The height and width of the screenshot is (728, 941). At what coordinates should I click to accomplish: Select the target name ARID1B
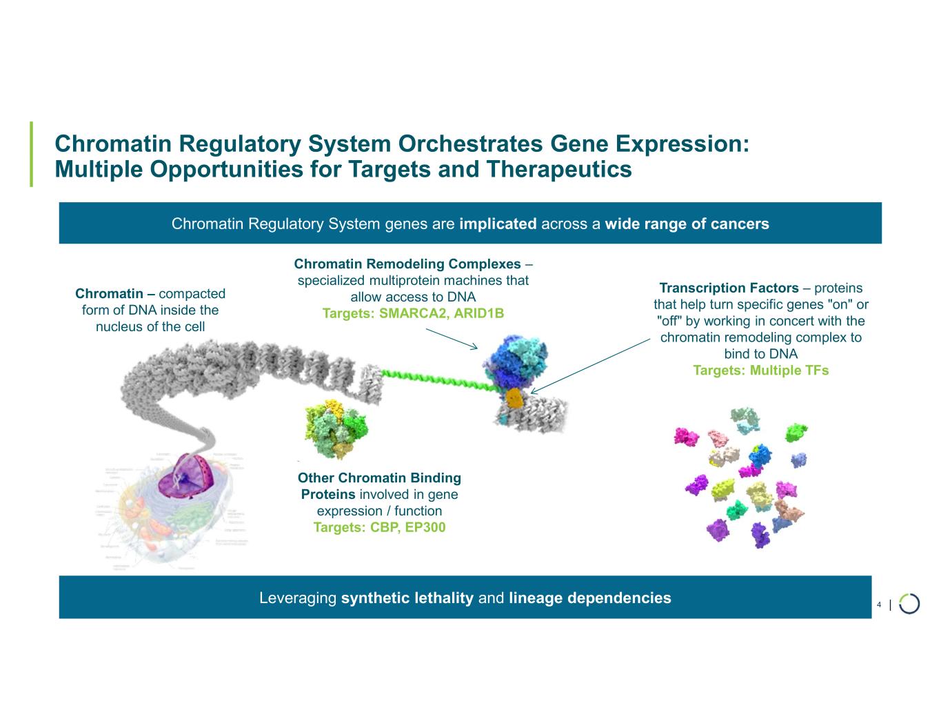(478, 314)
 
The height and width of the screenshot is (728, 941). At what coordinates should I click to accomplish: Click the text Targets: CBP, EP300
(379, 528)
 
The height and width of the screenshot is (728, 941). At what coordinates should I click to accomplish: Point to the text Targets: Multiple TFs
(760, 371)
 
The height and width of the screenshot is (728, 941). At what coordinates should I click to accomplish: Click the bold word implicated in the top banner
(498, 224)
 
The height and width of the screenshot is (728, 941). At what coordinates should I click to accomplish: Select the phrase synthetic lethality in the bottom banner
(407, 598)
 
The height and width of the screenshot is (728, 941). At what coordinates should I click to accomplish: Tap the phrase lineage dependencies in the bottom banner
(589, 598)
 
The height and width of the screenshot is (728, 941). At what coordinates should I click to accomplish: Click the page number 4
(879, 605)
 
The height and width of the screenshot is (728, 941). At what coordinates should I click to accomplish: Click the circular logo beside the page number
(909, 603)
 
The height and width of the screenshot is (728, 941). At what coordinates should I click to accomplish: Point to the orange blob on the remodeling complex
(514, 397)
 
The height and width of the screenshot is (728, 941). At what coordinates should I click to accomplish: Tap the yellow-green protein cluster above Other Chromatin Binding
(334, 428)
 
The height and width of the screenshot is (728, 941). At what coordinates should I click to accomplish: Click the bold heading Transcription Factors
(729, 288)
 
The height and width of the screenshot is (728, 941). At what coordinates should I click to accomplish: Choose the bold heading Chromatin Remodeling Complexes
(407, 264)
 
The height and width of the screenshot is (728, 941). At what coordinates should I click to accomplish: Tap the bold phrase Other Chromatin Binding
(379, 478)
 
